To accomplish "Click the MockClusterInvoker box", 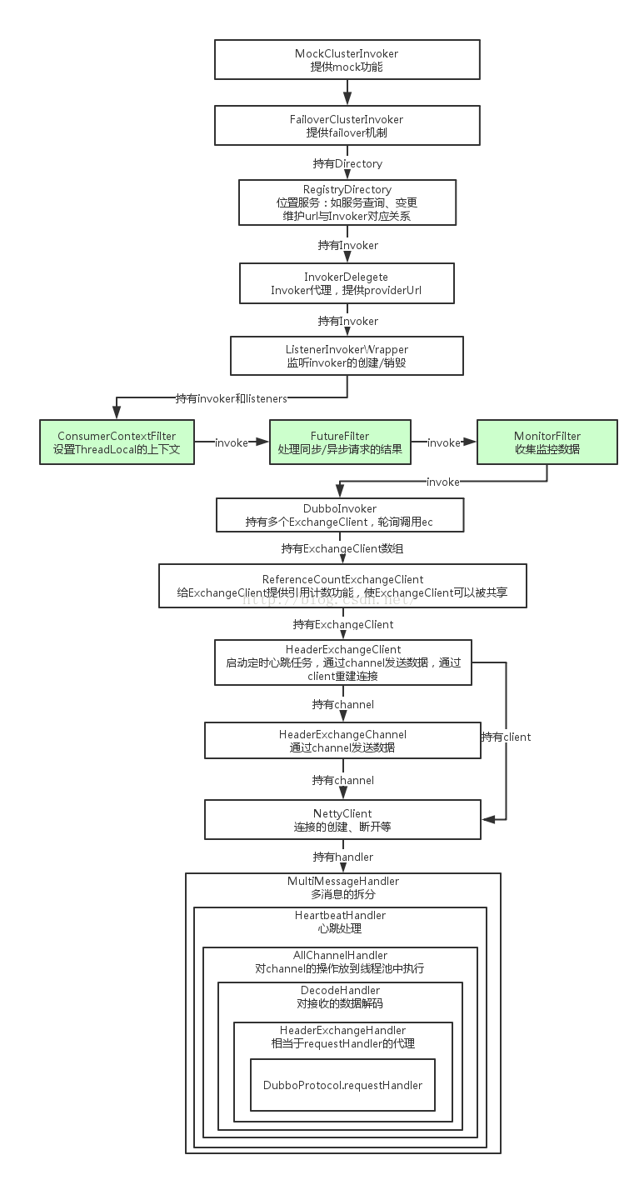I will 347,60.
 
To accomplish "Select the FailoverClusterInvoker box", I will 347,126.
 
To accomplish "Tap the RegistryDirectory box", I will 347,202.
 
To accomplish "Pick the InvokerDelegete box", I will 347,283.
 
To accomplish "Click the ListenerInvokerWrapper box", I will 347,356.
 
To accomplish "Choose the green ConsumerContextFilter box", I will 117,442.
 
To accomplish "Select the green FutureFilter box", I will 340,442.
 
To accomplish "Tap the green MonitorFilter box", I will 547,442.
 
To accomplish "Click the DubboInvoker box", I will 339,515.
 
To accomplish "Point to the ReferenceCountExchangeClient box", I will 342,586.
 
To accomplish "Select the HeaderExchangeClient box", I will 343,662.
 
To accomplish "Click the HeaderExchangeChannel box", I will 342,741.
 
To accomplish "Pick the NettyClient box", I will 342,820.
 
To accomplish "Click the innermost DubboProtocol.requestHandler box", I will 342,1085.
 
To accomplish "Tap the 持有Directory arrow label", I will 347,163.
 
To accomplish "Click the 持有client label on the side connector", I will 505,737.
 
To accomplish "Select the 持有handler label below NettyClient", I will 342,856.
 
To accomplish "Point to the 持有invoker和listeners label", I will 232,398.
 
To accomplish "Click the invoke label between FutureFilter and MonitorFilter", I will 443,442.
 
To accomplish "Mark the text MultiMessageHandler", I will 342,881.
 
